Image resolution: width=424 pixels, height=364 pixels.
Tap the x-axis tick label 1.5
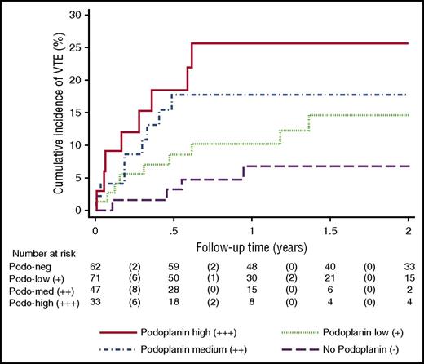tap(330, 231)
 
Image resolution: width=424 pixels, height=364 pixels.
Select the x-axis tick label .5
tap(173, 231)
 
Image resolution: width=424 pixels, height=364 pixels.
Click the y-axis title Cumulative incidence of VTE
tap(59, 114)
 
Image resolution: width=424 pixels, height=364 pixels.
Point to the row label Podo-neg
tap(28, 266)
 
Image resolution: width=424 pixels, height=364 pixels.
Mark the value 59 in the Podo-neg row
tap(174, 266)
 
